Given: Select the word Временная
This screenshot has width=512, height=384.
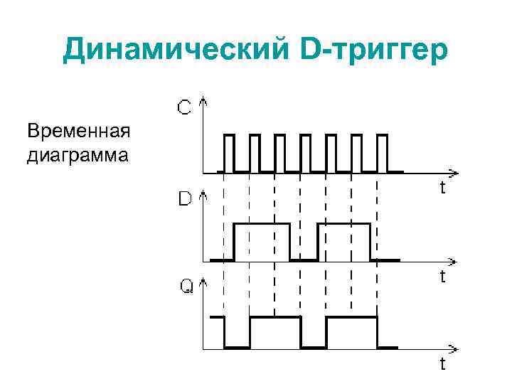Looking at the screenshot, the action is [x=78, y=133].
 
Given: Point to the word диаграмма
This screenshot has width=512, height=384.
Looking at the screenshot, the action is [x=78, y=154].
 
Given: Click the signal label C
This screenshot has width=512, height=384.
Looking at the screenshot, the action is [x=183, y=108].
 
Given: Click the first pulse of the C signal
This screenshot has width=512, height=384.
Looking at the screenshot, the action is [x=229, y=151].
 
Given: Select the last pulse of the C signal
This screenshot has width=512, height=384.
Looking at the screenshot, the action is [x=382, y=151].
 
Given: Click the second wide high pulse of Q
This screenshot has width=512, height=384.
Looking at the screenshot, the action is [x=351, y=331].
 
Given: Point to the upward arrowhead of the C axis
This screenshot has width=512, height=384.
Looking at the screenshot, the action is [x=205, y=101].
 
